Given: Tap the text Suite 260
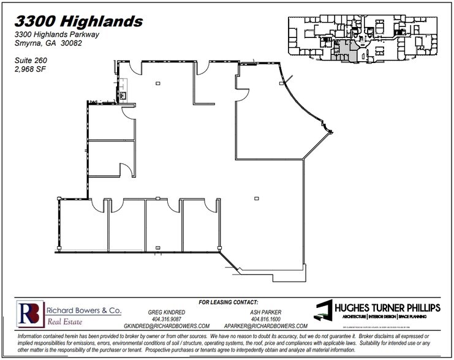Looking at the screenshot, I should [31, 61].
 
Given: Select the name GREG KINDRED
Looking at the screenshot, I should [167, 312].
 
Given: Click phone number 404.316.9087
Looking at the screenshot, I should [167, 319].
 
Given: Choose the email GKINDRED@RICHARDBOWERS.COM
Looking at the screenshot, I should [167, 326].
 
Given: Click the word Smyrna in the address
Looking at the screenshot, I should [27, 43].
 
